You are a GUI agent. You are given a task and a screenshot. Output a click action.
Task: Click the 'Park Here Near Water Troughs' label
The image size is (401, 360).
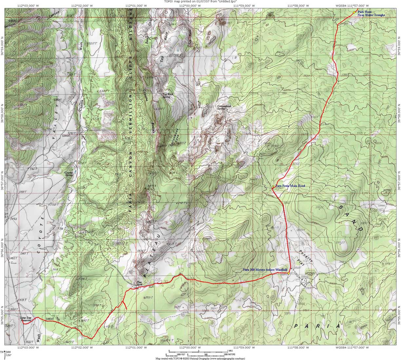[371, 13]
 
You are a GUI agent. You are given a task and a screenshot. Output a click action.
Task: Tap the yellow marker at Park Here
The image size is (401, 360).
[354, 12]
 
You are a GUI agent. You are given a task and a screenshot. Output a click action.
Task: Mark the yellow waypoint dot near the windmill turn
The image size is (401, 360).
[288, 273]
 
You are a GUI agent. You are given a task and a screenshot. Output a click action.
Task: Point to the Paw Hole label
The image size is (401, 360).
[140, 284]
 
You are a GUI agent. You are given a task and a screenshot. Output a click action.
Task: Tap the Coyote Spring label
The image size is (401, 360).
[68, 174]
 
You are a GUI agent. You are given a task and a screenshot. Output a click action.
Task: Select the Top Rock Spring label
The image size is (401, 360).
[168, 96]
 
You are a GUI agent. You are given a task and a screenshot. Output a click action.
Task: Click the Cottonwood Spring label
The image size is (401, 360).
[224, 107]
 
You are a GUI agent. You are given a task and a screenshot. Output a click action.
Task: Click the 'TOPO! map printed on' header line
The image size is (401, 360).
[200, 2]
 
